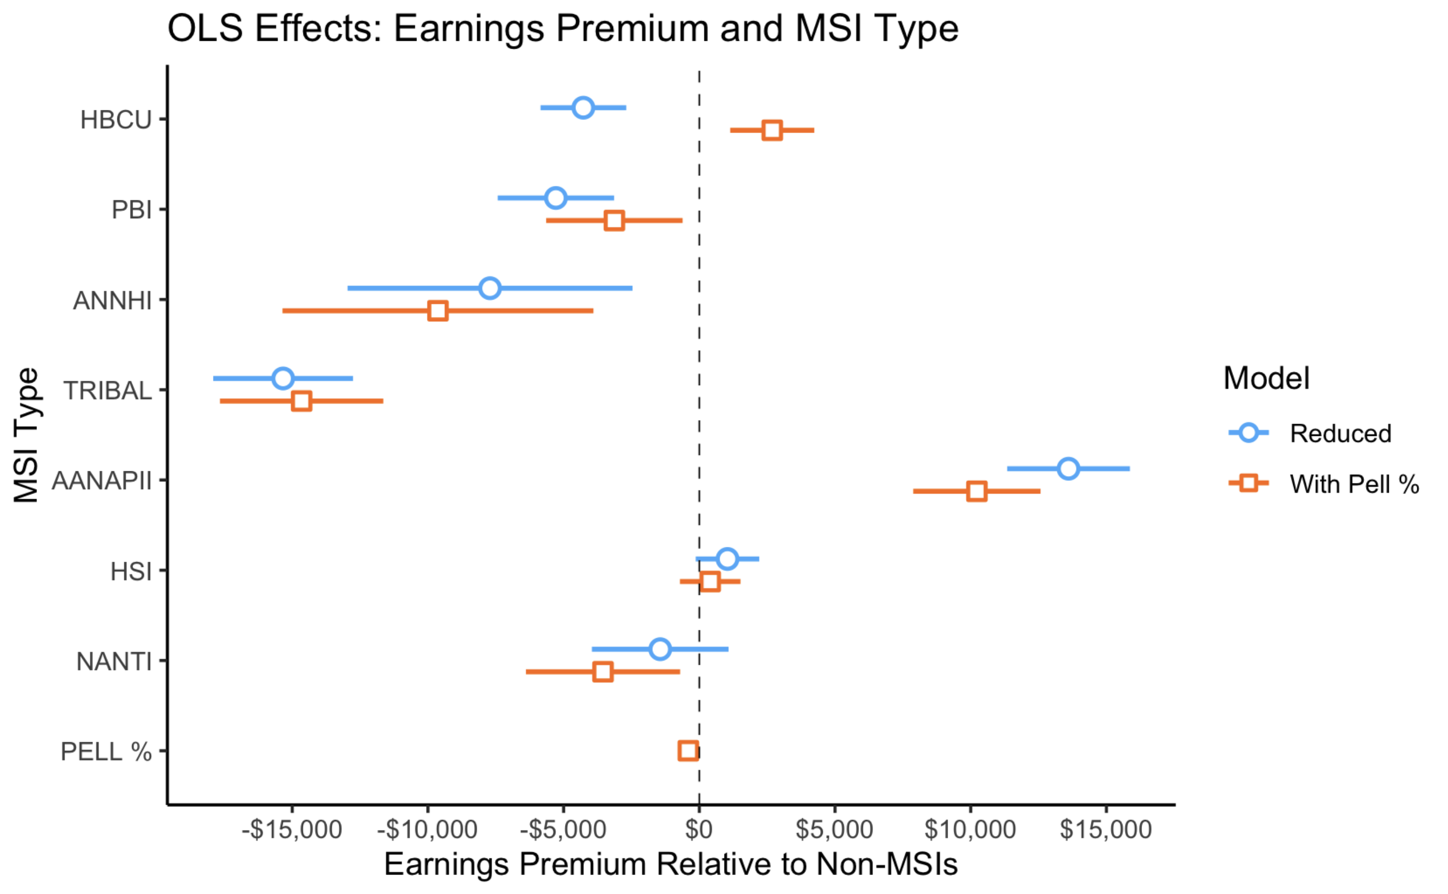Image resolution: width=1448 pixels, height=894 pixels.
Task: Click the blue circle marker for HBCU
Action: point(583,108)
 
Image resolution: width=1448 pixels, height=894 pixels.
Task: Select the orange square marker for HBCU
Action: point(772,130)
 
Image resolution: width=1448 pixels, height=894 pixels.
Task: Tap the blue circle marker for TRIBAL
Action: point(283,378)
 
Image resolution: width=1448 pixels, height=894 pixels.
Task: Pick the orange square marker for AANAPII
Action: point(976,491)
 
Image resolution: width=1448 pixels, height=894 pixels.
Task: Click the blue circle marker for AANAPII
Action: point(1068,469)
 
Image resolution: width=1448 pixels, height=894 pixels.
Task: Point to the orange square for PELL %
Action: point(688,751)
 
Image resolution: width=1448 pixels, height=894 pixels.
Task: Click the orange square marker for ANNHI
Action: point(438,311)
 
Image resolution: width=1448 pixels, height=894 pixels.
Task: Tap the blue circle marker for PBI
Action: point(556,198)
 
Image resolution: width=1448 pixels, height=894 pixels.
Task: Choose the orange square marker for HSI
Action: point(710,582)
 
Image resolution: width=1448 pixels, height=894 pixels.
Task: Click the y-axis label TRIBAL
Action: point(108,391)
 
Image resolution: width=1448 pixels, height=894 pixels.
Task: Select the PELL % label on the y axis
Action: point(106,752)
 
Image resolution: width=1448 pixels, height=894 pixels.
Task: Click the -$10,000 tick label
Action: point(427,830)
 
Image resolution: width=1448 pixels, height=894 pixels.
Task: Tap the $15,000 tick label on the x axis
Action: point(1105,830)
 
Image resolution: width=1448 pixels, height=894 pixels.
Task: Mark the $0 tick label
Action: point(698,830)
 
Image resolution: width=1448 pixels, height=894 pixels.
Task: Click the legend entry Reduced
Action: point(1340,433)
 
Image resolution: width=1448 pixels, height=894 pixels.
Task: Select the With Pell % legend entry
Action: point(1353,484)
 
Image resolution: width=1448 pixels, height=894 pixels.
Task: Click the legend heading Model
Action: point(1266,378)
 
